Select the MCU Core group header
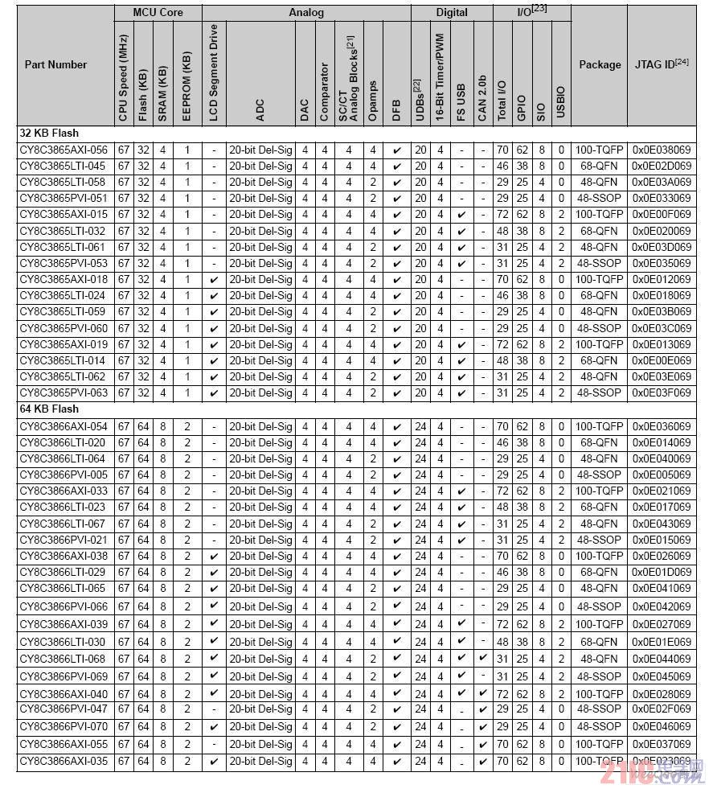tap(158, 13)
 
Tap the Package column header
tap(600, 65)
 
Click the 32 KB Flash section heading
tap(49, 133)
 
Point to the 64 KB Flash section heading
tap(49, 409)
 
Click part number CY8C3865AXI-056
tap(64, 150)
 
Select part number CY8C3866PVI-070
tap(64, 726)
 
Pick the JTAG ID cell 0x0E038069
tap(662, 150)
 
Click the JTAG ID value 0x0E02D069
tap(662, 166)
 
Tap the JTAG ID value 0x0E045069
tap(662, 676)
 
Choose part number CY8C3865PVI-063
tap(64, 393)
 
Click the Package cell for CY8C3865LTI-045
tap(600, 166)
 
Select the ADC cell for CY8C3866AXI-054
tap(260, 426)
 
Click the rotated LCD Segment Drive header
tap(213, 73)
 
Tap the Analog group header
tap(305, 13)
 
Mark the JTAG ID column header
tap(662, 65)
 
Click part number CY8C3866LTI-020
tap(64, 442)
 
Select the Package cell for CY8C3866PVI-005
tap(600, 475)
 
